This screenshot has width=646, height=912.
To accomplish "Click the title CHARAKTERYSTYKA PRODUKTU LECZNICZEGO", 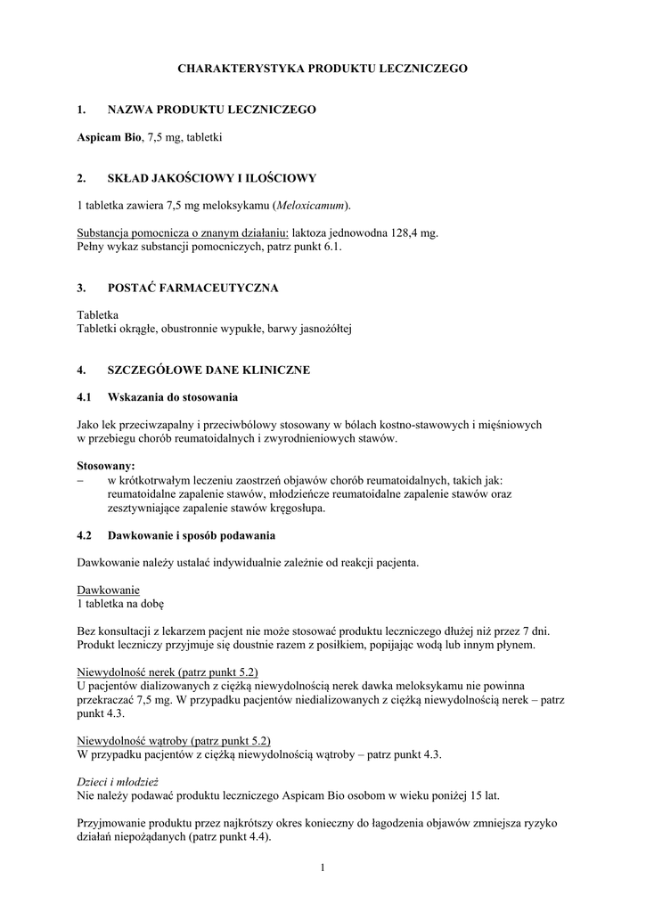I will [x=323, y=68].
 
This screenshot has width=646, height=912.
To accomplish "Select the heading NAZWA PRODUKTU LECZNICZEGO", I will [x=211, y=110].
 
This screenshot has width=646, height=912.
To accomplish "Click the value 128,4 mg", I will [x=416, y=232].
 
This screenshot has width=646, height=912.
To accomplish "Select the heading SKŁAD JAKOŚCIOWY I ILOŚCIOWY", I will [x=211, y=178].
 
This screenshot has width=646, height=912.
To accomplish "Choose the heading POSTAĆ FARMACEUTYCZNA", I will [x=192, y=288].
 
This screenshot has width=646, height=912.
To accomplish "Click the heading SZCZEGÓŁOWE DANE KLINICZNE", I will [x=209, y=370].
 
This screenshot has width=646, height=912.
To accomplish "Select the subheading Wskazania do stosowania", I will [x=172, y=396].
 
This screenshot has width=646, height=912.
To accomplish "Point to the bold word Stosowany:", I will [x=106, y=465].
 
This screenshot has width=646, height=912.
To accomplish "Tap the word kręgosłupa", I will [x=297, y=509].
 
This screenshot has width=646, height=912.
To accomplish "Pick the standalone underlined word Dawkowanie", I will [x=109, y=590].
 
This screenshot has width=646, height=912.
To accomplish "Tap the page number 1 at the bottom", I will [x=323, y=868].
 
